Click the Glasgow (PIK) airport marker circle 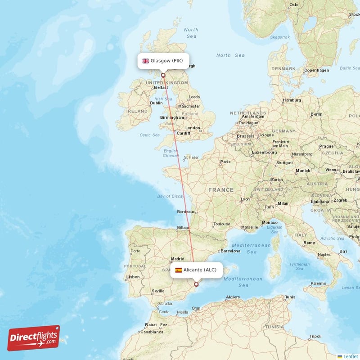163,75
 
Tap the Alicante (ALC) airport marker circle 196,284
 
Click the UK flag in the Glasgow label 145,61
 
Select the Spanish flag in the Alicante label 179,270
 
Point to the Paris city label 225,162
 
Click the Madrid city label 178,259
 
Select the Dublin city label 156,103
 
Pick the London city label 193,128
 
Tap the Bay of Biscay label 171,196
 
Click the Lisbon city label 133,277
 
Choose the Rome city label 309,243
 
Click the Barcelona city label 231,251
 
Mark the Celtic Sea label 149,135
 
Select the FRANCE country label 220,190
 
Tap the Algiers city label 233,297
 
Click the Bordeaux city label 186,211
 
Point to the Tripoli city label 315,337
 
